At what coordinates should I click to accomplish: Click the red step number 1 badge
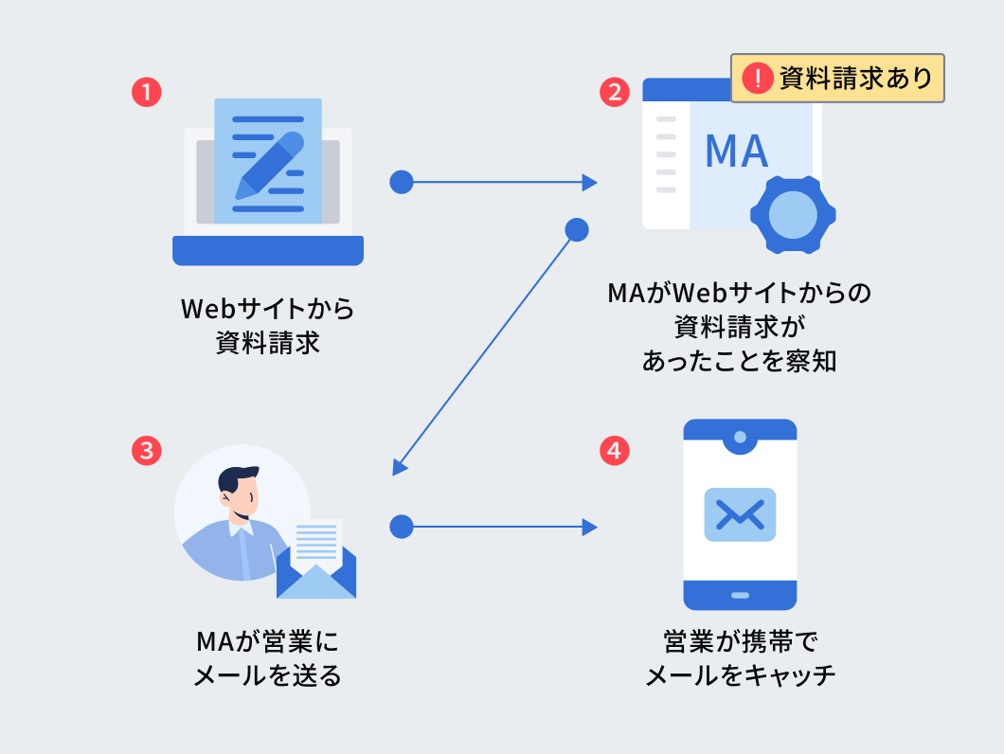146,92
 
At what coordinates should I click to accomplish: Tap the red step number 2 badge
615,92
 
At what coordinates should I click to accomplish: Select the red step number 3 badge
146,451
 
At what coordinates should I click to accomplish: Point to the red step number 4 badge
615,451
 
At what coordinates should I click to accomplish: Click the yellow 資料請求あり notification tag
837,78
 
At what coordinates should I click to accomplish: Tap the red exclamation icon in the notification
758,78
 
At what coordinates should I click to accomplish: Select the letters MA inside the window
737,152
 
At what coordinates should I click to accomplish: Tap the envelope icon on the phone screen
740,514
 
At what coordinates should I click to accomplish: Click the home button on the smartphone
740,595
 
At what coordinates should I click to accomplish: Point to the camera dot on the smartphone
740,438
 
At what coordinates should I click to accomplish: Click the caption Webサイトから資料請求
267,326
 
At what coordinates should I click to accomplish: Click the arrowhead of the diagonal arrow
399,468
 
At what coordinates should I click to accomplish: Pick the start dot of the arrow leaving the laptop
402,182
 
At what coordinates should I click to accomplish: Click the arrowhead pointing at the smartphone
591,526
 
